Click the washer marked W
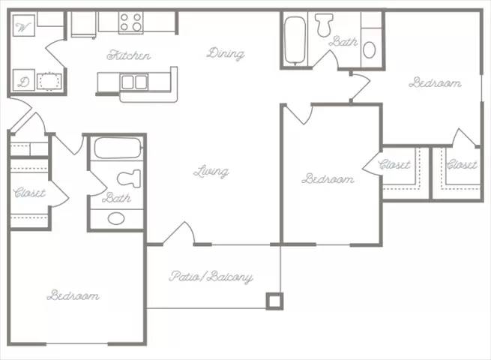(x=23, y=27)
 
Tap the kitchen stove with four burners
(x=132, y=22)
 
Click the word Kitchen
(x=129, y=55)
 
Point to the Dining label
(x=226, y=53)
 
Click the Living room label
(x=211, y=172)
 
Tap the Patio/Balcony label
(x=212, y=277)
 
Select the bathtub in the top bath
(x=295, y=39)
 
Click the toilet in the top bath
(x=325, y=25)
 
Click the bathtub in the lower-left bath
(x=118, y=147)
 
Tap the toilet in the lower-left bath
(x=130, y=178)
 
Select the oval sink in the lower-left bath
(x=116, y=218)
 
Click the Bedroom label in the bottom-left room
(x=73, y=295)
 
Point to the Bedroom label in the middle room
(x=328, y=179)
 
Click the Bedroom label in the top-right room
(x=435, y=82)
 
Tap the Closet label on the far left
(x=29, y=193)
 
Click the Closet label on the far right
(x=462, y=164)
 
